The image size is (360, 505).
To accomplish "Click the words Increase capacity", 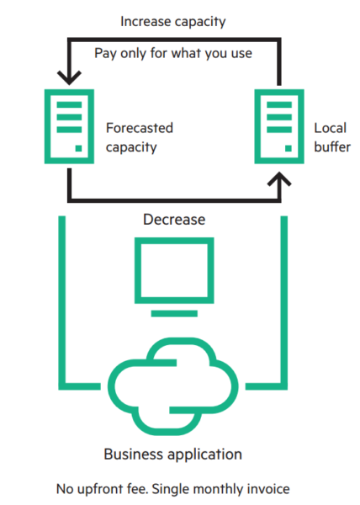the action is click(172, 22).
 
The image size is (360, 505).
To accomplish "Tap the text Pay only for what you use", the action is click(172, 54).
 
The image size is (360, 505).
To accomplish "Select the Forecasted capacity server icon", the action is click(69, 126).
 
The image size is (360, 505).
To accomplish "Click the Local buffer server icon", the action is click(279, 126).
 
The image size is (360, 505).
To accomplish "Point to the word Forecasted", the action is click(140, 128).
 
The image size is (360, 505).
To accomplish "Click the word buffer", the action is click(332, 146).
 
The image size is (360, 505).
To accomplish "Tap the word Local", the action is click(330, 128).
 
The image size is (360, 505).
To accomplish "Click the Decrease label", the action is click(174, 220).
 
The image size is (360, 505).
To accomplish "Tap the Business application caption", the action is click(172, 454).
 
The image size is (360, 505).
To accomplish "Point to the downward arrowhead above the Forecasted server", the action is click(69, 78).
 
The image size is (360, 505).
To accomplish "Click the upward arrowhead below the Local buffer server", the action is click(279, 179).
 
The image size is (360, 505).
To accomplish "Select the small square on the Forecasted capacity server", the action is click(78, 148).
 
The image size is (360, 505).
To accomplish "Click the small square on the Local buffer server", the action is click(289, 148).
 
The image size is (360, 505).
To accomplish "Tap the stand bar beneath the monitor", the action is click(174, 314).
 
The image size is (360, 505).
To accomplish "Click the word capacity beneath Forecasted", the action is click(131, 147).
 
